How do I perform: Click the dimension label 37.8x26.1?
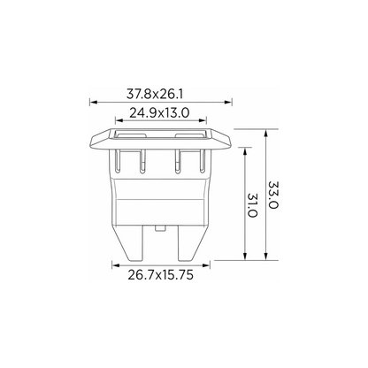[155, 95]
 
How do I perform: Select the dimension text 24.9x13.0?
[159, 113]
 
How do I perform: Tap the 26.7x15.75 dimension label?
[161, 275]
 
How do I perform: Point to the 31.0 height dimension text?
[252, 205]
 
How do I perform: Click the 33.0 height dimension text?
[273, 195]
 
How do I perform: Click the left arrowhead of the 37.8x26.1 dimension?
[93, 103]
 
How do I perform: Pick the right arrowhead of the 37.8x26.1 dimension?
[228, 103]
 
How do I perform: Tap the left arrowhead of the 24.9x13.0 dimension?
[119, 120]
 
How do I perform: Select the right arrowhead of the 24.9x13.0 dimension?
[203, 120]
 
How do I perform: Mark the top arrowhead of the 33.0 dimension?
[266, 133]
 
